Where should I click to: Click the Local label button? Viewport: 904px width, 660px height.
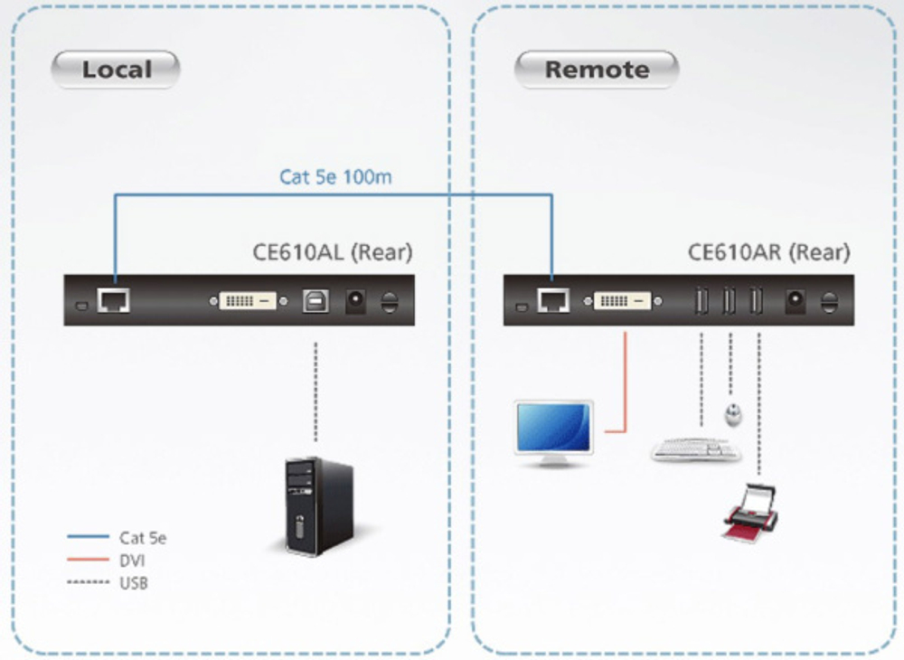point(116,70)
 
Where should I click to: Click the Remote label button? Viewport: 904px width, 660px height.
point(597,70)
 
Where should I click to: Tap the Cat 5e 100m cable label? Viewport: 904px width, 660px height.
point(335,176)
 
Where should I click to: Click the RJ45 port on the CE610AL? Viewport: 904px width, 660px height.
point(113,300)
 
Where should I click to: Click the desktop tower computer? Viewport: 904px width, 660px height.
point(314,504)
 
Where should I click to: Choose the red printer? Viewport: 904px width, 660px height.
point(749,512)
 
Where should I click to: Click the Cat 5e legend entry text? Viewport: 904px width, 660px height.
point(143,539)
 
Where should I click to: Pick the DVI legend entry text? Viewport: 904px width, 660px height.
point(133,561)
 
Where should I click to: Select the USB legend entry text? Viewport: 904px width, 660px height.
point(134,583)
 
